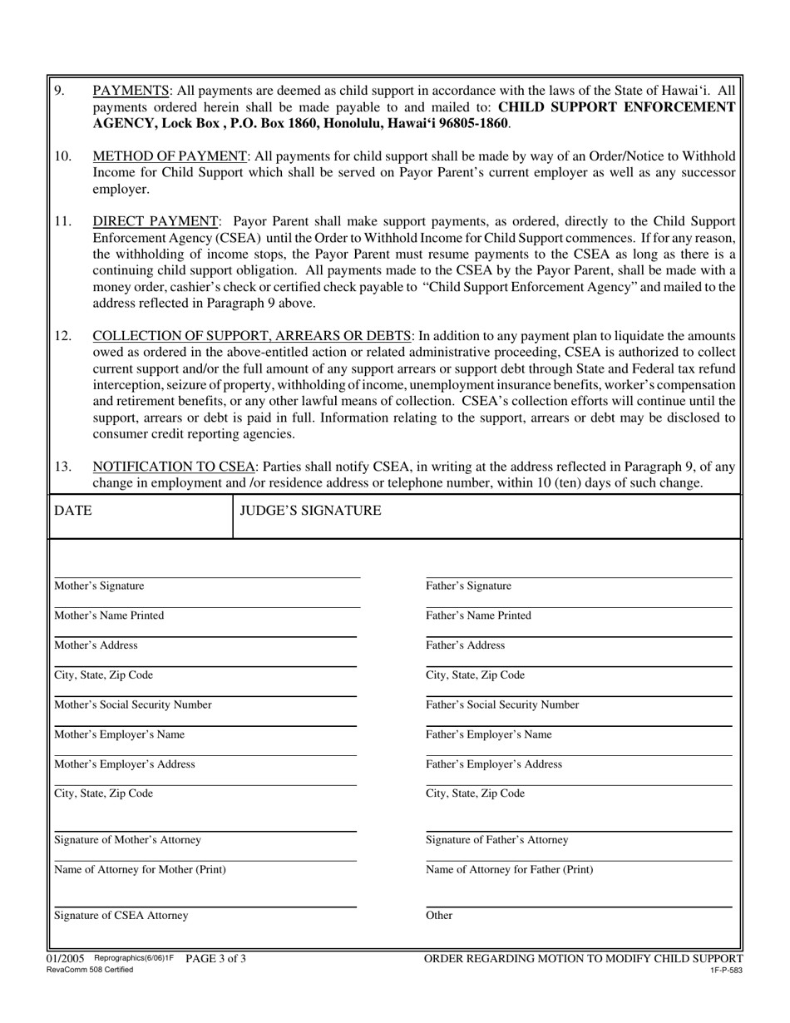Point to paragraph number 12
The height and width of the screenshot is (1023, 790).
62,336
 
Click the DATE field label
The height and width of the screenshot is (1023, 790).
73,511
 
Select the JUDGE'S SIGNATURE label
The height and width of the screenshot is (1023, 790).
310,511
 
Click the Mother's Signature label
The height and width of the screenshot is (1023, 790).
99,586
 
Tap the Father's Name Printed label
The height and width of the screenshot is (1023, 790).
478,616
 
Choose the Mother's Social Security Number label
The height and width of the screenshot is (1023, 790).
133,705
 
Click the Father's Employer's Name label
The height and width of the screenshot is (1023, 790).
488,735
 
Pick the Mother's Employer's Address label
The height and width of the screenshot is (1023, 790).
125,764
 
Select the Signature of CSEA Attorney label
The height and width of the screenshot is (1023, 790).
121,916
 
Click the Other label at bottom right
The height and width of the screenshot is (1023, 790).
439,916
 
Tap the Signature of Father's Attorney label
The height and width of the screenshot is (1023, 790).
497,840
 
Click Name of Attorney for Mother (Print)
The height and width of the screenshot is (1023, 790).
140,870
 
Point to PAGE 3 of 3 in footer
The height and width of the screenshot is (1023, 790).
215,959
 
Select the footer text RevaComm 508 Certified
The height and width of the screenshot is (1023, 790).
90,970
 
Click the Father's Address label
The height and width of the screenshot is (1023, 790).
465,645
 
